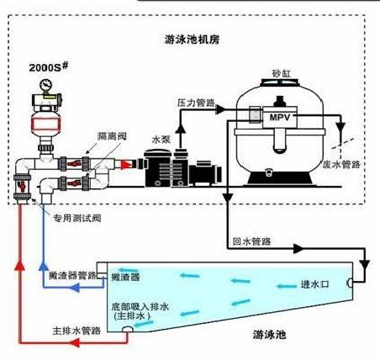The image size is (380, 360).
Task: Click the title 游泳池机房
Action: pyautogui.click(x=193, y=40)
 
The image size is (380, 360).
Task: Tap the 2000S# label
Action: pyautogui.click(x=49, y=67)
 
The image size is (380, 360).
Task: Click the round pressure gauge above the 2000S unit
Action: pyautogui.click(x=46, y=85)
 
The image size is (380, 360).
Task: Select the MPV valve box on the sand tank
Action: pyautogui.click(x=280, y=117)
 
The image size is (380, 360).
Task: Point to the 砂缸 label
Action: pyautogui.click(x=282, y=73)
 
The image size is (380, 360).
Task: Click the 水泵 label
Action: pyautogui.click(x=161, y=139)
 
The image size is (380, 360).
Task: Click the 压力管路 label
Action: pyautogui.click(x=196, y=103)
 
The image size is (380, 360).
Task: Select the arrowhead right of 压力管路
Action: pyautogui.click(x=221, y=109)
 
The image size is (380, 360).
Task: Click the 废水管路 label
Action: pyautogui.click(x=341, y=164)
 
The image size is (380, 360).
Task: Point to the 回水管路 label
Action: pyautogui.click(x=251, y=241)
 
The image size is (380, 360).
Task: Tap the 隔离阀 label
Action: pyautogui.click(x=112, y=136)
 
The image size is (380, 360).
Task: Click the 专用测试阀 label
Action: pyautogui.click(x=77, y=218)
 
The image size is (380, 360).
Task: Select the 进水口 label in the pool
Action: pyautogui.click(x=314, y=284)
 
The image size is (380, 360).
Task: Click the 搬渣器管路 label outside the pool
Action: pyautogui.click(x=72, y=275)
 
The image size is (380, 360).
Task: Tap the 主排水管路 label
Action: pyautogui.click(x=77, y=331)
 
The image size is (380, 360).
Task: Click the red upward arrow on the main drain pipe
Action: pyautogui.click(x=20, y=265)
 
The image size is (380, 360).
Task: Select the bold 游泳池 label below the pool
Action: pyautogui.click(x=269, y=335)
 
